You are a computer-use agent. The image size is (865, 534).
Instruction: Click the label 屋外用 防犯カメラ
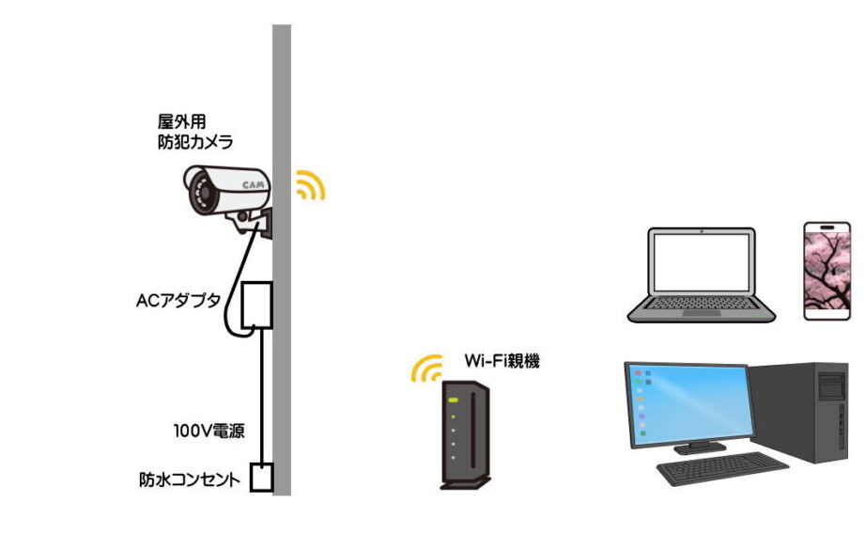pyautogui.click(x=194, y=132)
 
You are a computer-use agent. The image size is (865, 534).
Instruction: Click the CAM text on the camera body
pyautogui.click(x=252, y=185)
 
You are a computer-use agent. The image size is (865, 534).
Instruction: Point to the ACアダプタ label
pyautogui.click(x=178, y=301)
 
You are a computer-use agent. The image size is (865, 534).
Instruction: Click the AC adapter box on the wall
pyautogui.click(x=255, y=304)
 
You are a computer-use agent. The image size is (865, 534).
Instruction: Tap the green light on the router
pyautogui.click(x=454, y=401)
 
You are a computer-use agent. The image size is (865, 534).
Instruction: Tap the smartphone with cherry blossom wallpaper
pyautogui.click(x=826, y=271)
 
